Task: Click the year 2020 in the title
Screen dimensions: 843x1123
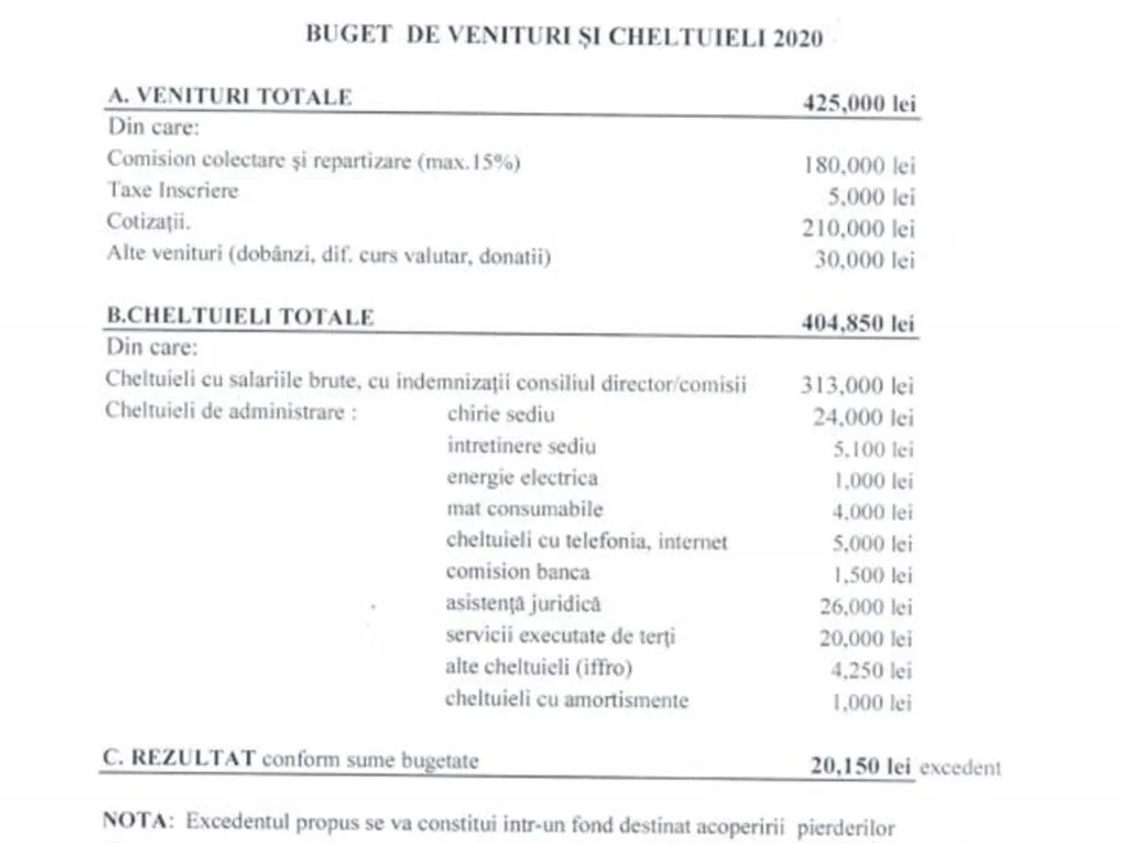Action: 798,38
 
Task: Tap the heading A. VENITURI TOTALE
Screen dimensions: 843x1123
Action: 230,96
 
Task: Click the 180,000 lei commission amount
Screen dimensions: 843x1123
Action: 859,166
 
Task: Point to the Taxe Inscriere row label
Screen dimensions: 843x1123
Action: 172,191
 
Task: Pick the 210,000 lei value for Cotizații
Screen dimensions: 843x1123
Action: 859,228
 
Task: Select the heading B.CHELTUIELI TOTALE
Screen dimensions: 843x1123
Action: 240,317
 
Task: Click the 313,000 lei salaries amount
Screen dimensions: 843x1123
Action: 857,385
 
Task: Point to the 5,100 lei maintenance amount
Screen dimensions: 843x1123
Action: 872,450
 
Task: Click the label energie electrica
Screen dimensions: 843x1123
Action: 521,478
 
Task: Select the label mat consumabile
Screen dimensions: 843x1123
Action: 524,510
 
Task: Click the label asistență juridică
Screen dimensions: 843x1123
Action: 523,605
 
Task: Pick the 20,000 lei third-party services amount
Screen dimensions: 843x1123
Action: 864,639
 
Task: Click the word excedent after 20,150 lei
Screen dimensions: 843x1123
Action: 960,768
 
